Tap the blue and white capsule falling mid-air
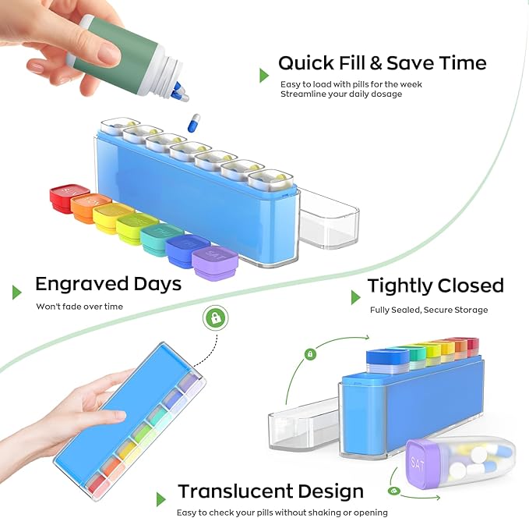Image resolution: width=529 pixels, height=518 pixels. click(193, 122)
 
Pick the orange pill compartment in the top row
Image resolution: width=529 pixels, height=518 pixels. click(90, 208)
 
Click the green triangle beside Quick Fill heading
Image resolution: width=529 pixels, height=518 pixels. click(264, 75)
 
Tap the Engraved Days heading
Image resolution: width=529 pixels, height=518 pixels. click(108, 283)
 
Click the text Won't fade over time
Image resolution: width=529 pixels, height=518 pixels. click(79, 307)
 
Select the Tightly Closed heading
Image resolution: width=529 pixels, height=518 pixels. click(436, 286)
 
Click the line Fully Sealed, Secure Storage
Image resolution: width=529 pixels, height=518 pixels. click(428, 310)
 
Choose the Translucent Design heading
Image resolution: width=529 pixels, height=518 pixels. click(270, 491)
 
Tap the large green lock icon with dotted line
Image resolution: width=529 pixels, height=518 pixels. click(214, 318)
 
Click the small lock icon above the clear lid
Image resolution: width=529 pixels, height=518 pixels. click(310, 354)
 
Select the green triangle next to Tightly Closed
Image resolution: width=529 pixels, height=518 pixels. click(355, 297)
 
